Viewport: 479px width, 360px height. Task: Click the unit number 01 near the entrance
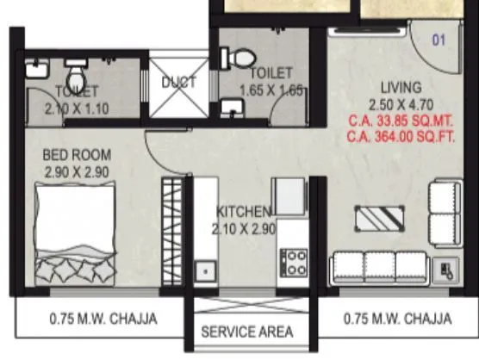point(439,39)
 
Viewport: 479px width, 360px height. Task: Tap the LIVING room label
point(401,88)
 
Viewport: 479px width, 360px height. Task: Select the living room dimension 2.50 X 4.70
point(401,104)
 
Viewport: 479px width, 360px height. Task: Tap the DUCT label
point(179,83)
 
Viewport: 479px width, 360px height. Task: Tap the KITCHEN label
point(245,212)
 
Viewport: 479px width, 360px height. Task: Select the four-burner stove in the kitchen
point(295,261)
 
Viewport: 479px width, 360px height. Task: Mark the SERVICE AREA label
point(247,331)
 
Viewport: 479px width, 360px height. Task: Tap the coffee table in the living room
point(379,219)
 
